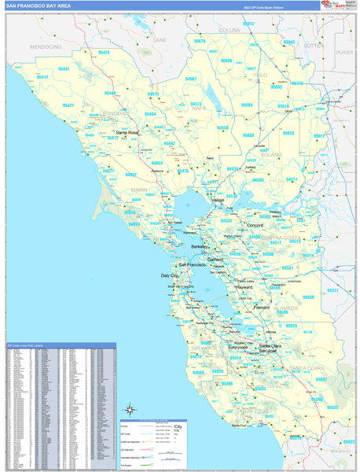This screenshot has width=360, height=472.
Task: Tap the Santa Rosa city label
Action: [127, 132]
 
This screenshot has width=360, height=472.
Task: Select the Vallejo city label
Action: [217, 200]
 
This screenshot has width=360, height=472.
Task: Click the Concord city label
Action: [254, 225]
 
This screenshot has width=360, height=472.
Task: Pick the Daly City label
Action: [170, 276]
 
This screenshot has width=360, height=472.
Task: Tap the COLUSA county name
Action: [229, 30]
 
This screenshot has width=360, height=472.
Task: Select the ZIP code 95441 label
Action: [64, 69]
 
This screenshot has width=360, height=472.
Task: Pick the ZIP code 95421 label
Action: [68, 105]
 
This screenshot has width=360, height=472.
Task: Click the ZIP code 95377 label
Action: [332, 290]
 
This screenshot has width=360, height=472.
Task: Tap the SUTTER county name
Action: [314, 46]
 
